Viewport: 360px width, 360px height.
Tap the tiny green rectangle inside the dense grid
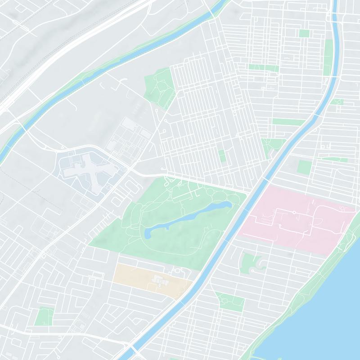(x=221, y=155)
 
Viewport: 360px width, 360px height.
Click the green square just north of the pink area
(x=304, y=166)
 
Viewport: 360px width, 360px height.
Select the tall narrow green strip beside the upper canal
(x=328, y=56)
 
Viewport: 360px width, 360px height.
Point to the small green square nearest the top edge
(x=304, y=33)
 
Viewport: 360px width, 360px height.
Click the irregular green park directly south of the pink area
(x=249, y=263)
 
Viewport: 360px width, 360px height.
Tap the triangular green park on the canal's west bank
(x=273, y=146)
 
